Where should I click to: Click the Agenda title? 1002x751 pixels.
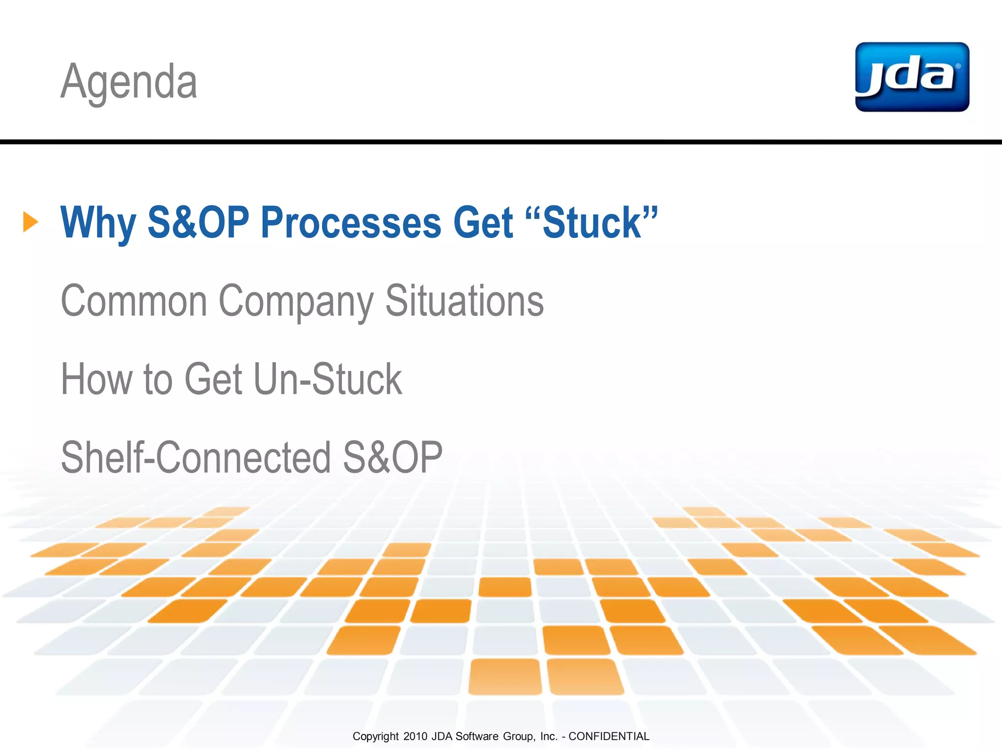pyautogui.click(x=129, y=81)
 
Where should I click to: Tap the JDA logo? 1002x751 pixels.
pyautogui.click(x=912, y=77)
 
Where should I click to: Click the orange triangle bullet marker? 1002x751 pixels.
pyautogui.click(x=30, y=222)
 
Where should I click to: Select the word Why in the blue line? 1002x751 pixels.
pyautogui.click(x=97, y=223)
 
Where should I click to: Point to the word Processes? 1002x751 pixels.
pyautogui.click(x=351, y=223)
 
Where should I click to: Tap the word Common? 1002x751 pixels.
pyautogui.click(x=134, y=301)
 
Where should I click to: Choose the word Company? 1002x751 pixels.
pyautogui.click(x=296, y=301)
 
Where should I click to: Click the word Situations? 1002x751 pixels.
pyautogui.click(x=464, y=301)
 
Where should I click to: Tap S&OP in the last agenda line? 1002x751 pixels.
pyautogui.click(x=392, y=458)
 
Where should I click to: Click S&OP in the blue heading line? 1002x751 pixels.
pyautogui.click(x=198, y=223)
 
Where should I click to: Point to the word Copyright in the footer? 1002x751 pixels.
pyautogui.click(x=375, y=736)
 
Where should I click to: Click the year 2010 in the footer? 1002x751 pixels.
pyautogui.click(x=415, y=736)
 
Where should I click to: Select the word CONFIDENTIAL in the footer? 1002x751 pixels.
pyautogui.click(x=609, y=736)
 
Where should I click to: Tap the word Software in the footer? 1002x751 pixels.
pyautogui.click(x=477, y=736)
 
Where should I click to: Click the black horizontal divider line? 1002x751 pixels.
pyautogui.click(x=501, y=142)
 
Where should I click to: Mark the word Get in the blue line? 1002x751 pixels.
pyautogui.click(x=483, y=223)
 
